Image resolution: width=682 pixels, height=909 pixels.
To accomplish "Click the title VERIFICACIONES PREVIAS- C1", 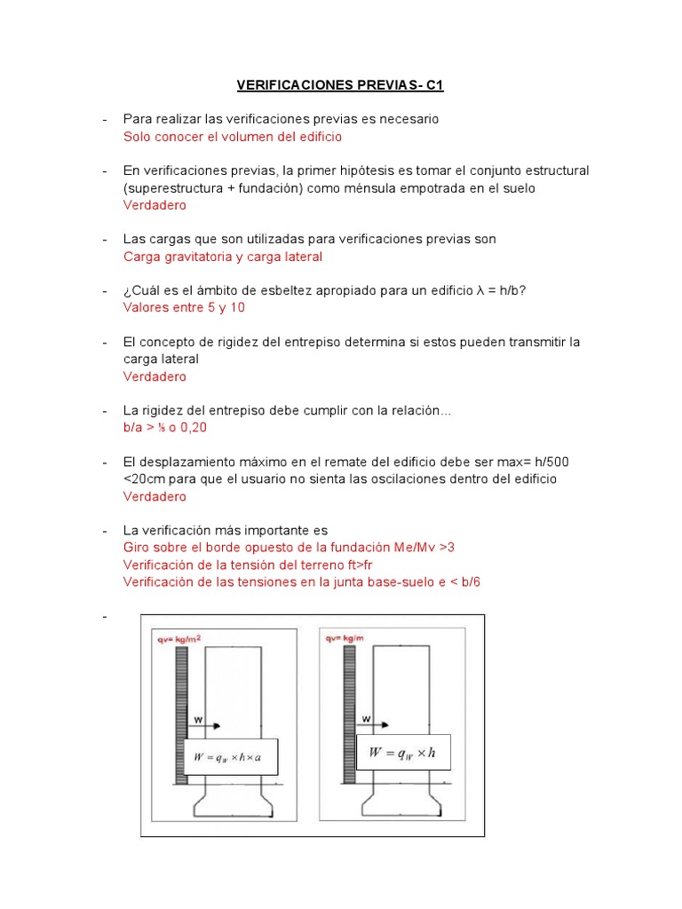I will (x=339, y=85).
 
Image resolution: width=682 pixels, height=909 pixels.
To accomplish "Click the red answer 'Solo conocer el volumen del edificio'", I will (x=232, y=137).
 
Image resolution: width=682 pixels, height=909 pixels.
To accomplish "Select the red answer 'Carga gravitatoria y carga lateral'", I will (x=222, y=257).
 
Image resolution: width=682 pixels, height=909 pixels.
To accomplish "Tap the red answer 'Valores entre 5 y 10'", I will (x=184, y=308).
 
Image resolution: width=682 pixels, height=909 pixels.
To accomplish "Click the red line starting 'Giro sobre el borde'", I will (x=289, y=548).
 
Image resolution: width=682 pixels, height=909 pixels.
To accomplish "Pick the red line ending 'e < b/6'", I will (x=302, y=582).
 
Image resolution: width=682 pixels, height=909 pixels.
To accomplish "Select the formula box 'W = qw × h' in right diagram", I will (x=403, y=752).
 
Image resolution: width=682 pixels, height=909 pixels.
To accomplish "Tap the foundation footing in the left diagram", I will (x=233, y=803).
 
